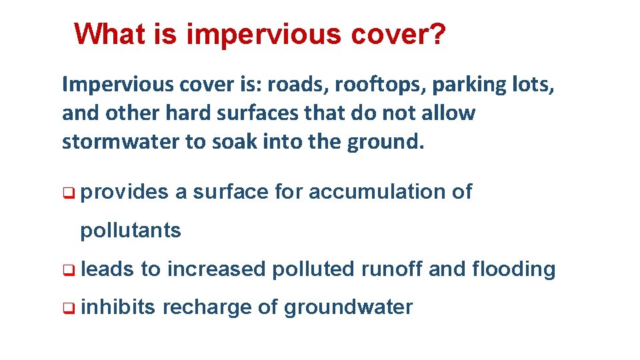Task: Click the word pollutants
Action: [x=131, y=231]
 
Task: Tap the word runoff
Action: [x=392, y=269]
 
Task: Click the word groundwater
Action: [x=349, y=308]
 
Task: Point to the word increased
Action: [x=217, y=269]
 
